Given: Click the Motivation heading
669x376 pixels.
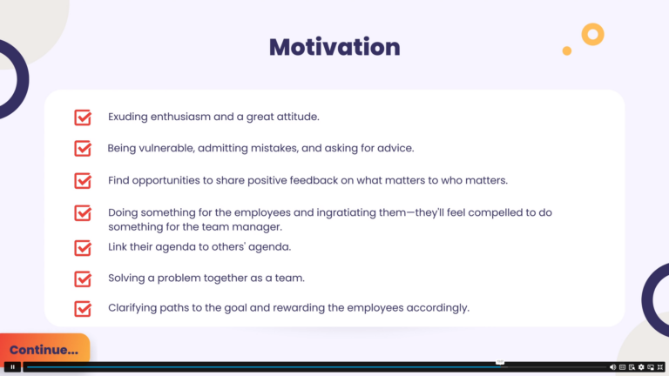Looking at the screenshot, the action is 334,47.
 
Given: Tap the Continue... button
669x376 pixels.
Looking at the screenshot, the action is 44,349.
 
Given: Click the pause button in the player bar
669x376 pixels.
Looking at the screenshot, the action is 12,366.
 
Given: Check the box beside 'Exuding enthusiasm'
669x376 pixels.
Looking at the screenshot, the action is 83,117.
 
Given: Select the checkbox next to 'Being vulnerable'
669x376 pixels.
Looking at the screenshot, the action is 83,148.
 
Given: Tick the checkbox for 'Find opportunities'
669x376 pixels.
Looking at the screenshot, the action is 83,180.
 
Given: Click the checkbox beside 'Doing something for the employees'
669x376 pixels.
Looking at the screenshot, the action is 83,212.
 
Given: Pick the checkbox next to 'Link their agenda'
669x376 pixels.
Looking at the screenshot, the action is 83,248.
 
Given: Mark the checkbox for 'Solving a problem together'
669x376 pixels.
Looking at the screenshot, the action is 83,279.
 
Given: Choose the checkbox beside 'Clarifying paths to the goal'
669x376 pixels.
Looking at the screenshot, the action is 83,309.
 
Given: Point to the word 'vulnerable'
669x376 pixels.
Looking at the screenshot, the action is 167,148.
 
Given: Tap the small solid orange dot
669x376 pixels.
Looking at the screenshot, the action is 566,50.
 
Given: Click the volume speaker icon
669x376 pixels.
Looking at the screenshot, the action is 612,367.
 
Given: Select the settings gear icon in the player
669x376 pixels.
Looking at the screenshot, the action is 641,367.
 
